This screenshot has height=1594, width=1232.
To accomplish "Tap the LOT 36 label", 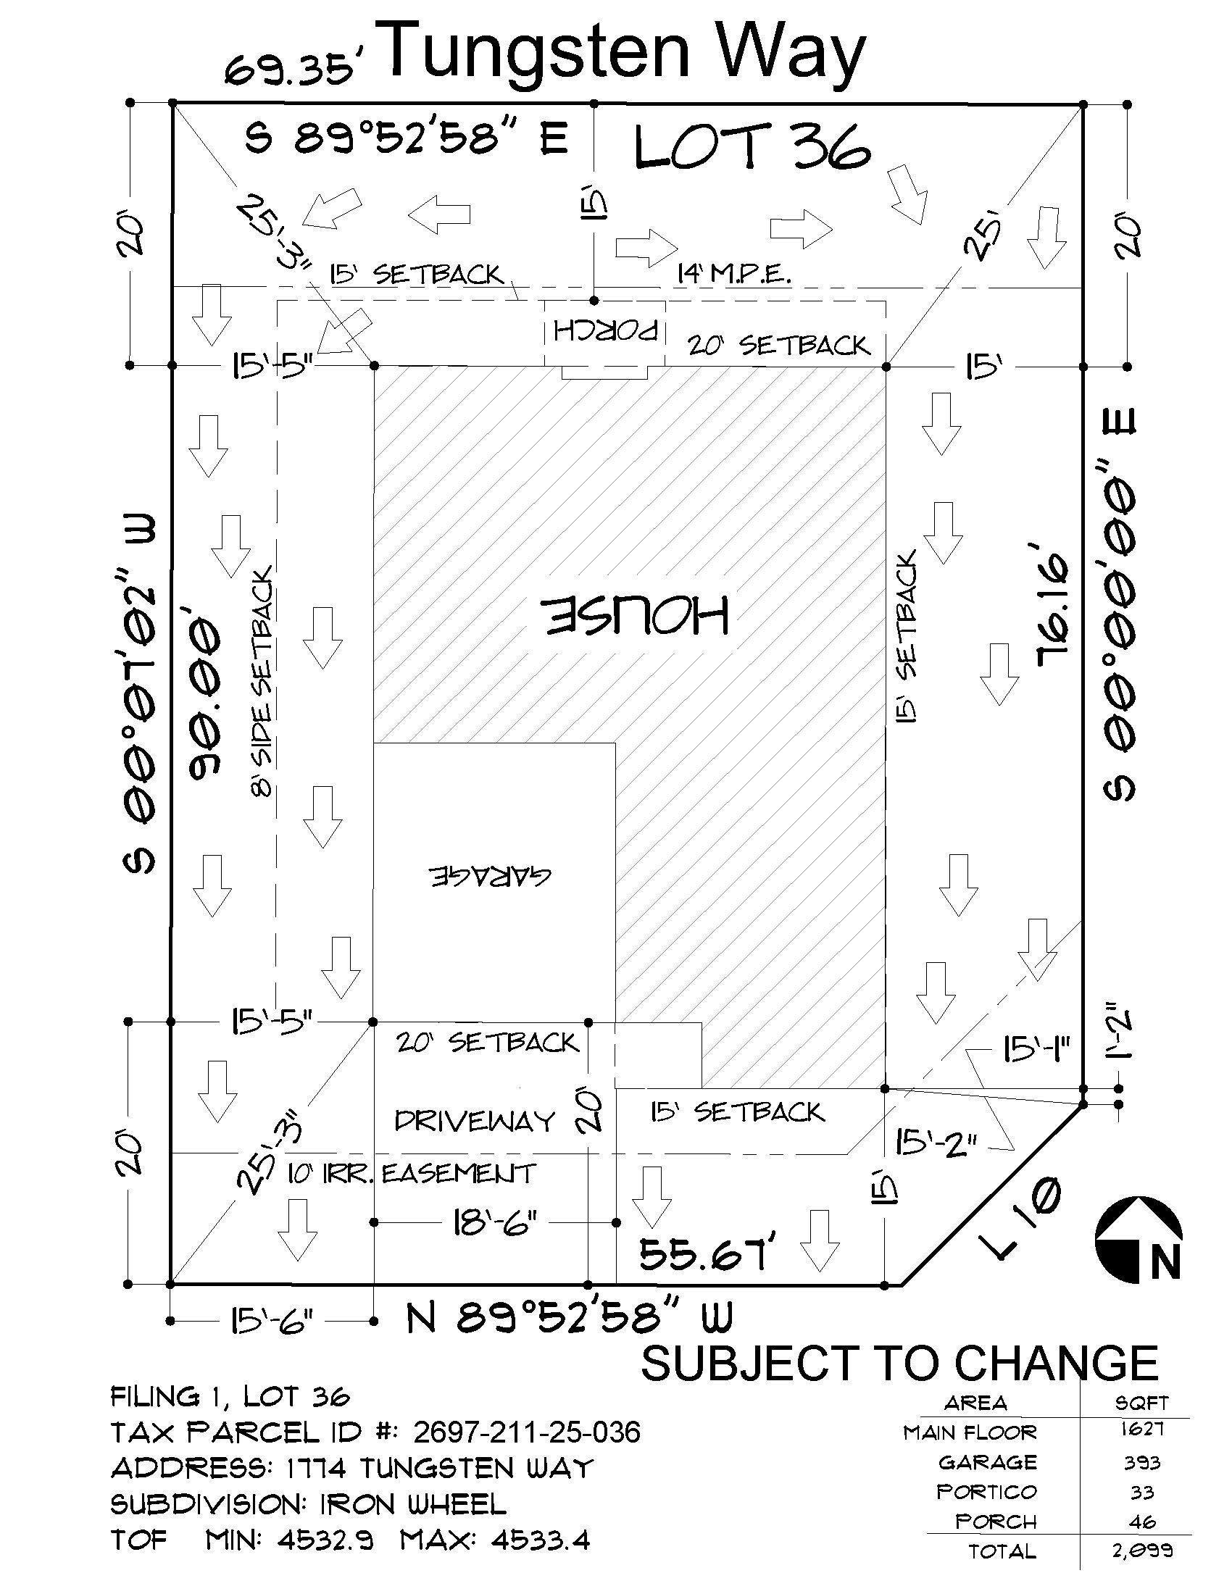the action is (x=752, y=147).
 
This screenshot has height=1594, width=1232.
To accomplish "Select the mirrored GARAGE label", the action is (x=490, y=875).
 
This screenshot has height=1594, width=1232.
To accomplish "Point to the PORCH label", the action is (x=606, y=330).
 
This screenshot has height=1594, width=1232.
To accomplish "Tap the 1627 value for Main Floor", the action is (x=1142, y=1428).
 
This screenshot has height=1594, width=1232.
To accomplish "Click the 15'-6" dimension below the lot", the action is (x=272, y=1320).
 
